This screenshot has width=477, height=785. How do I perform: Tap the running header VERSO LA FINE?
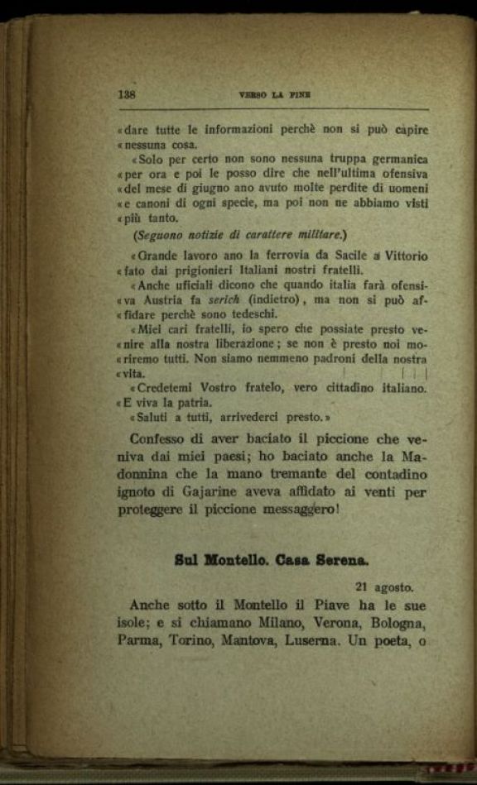(273, 95)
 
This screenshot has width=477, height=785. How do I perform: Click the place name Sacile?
(342, 256)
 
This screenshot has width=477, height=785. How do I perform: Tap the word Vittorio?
(401, 256)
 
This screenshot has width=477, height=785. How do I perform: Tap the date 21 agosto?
(383, 587)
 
